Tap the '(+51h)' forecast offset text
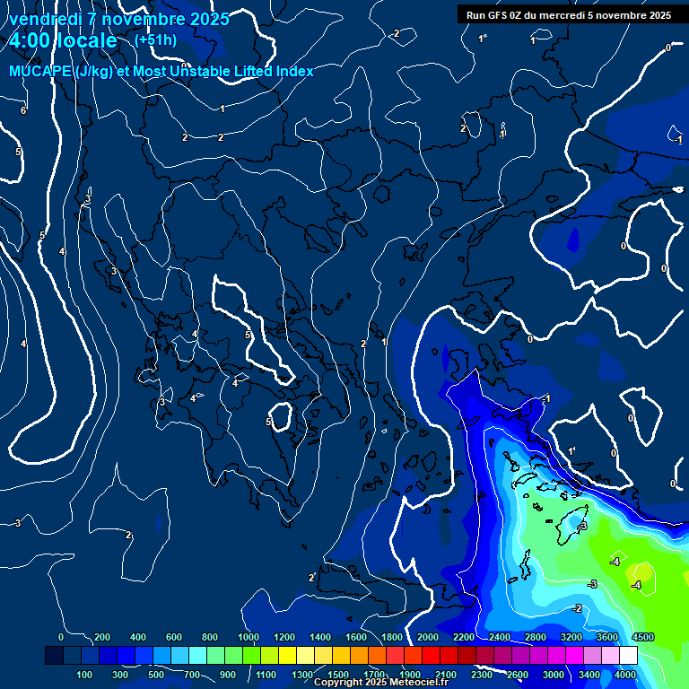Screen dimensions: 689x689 point(154,40)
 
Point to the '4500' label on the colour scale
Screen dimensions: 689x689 point(642,637)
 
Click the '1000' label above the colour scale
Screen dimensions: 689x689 point(249,637)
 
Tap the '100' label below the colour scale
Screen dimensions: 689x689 point(86,675)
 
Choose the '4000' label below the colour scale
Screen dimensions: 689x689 point(625,675)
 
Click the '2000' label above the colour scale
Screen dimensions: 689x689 point(428,637)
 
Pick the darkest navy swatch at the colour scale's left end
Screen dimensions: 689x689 point(54,656)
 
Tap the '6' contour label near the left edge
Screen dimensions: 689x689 point(23,110)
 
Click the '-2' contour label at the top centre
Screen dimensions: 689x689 point(396,34)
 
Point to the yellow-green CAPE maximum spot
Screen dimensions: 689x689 point(642,571)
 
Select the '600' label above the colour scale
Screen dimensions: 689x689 point(174,637)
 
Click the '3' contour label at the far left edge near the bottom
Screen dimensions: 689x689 point(17,523)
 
